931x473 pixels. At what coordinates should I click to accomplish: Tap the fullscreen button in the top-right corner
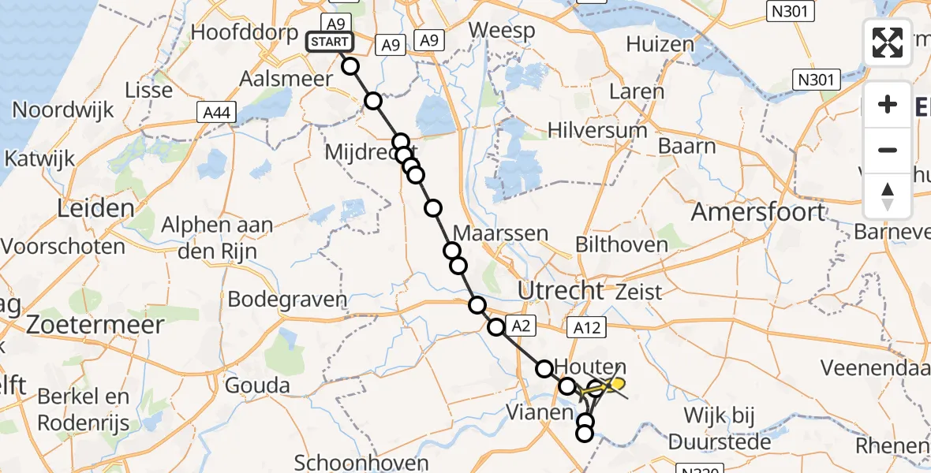tap(888, 43)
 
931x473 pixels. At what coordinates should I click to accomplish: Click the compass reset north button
tap(888, 196)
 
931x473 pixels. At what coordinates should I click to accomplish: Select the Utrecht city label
tap(561, 290)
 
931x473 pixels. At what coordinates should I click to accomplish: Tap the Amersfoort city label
tap(759, 212)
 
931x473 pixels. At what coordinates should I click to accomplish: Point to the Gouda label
tap(257, 385)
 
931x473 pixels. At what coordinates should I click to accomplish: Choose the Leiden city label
tap(95, 208)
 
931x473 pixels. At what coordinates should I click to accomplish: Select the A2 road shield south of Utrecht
tap(522, 325)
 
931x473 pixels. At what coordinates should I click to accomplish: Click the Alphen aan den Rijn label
tap(217, 235)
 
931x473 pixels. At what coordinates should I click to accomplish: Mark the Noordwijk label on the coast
tap(64, 110)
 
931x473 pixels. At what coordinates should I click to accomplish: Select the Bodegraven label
tap(287, 299)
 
